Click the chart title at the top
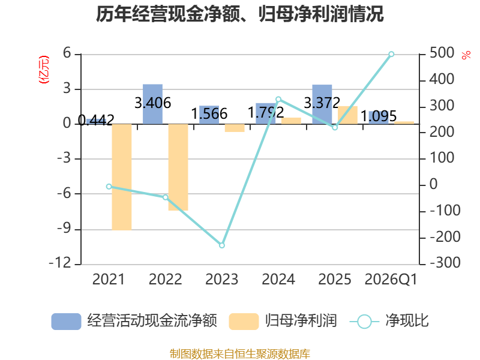[x=239, y=14]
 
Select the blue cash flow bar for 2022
[x=153, y=104]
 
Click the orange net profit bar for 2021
[x=122, y=177]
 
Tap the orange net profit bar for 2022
[x=178, y=167]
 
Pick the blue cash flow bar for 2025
[x=322, y=104]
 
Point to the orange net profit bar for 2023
[x=235, y=128]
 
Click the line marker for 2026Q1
[x=391, y=54]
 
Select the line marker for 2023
[x=222, y=245]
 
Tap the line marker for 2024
[x=278, y=99]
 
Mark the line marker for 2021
[x=109, y=187]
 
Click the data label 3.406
[x=153, y=103]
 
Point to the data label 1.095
[x=379, y=116]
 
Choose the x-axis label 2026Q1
[x=391, y=279]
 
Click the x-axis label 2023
[x=221, y=279]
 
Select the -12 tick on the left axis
[x=60, y=263]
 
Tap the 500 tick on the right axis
[x=442, y=53]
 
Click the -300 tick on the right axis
[x=445, y=262]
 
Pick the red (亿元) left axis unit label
[x=44, y=70]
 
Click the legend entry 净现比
[x=389, y=321]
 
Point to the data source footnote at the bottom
[x=239, y=353]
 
